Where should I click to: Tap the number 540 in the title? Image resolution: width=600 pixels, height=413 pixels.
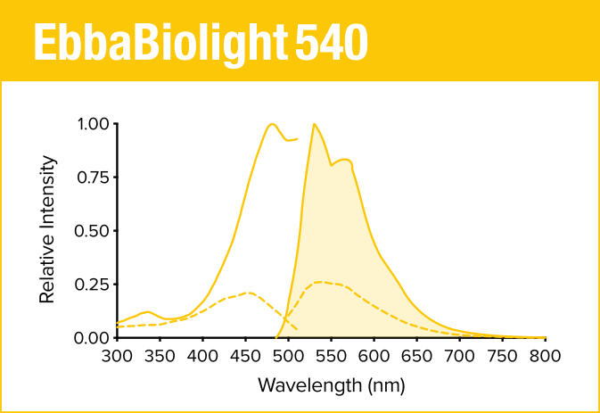pyautogui.click(x=330, y=42)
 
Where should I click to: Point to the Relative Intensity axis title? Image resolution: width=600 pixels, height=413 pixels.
pyautogui.click(x=48, y=230)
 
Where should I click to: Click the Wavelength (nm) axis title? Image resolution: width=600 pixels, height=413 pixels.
pyautogui.click(x=331, y=385)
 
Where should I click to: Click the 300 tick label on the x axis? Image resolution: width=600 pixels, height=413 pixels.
pyautogui.click(x=117, y=357)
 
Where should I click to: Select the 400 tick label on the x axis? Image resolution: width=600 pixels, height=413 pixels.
pyautogui.click(x=202, y=357)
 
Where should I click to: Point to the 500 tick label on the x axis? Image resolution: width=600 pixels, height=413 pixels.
pyautogui.click(x=288, y=357)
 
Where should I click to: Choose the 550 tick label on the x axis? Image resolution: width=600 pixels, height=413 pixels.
pyautogui.click(x=331, y=357)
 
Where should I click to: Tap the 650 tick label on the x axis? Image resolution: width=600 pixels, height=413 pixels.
pyautogui.click(x=416, y=357)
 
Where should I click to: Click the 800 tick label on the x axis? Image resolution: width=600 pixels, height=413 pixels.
pyautogui.click(x=545, y=357)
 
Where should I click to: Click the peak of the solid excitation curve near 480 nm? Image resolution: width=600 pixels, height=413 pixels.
pyautogui.click(x=271, y=124)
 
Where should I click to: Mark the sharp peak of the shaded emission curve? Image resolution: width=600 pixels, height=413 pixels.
pyautogui.click(x=314, y=124)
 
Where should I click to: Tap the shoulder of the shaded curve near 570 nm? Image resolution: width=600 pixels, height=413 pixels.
pyautogui.click(x=346, y=161)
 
